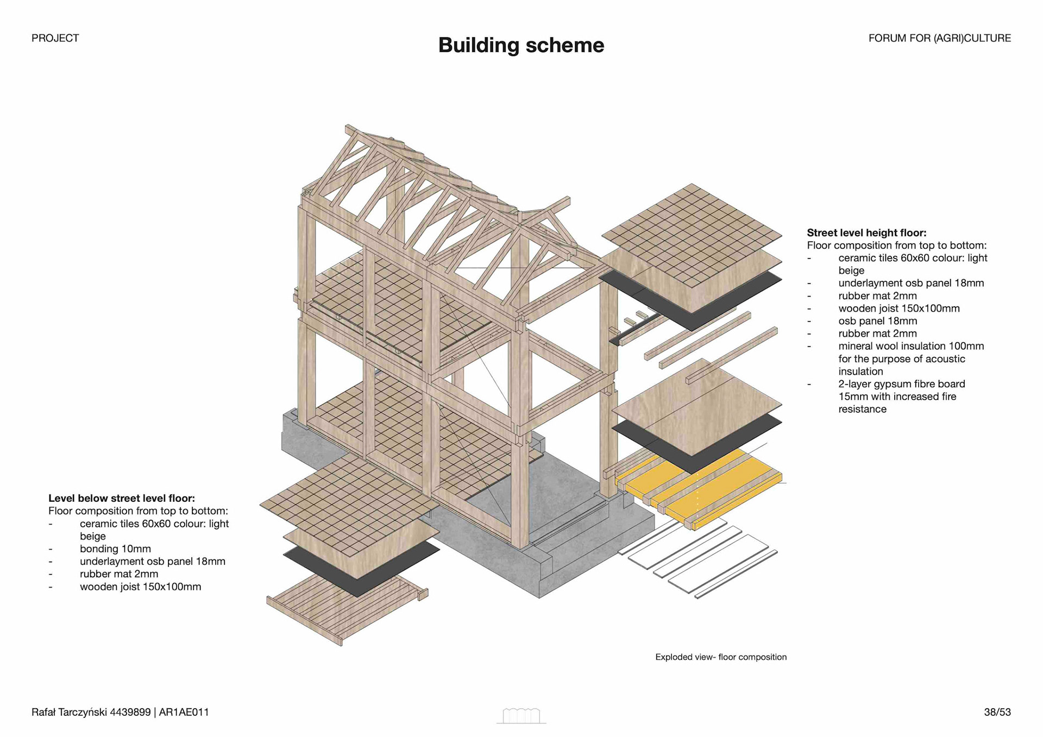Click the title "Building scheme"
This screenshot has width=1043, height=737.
(520, 45)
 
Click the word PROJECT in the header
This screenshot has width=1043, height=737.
(55, 38)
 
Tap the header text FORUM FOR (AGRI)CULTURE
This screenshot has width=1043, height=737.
(939, 38)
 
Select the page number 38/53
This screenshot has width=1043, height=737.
(997, 712)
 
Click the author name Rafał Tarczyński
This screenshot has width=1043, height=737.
(70, 712)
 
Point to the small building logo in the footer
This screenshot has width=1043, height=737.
(521, 716)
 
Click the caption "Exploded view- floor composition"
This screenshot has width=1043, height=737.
(720, 657)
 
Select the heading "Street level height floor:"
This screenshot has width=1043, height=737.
(866, 233)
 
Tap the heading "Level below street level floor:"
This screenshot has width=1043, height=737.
(121, 498)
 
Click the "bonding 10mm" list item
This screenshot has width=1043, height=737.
(115, 549)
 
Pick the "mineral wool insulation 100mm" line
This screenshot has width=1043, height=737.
(910, 346)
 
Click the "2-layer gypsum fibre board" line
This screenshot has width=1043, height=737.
(901, 384)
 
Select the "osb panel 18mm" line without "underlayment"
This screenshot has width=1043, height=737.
(877, 321)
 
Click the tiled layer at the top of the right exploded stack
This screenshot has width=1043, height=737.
(691, 234)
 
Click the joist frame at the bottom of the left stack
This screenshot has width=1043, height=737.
(342, 608)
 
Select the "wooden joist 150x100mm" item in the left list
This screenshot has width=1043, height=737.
(140, 587)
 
